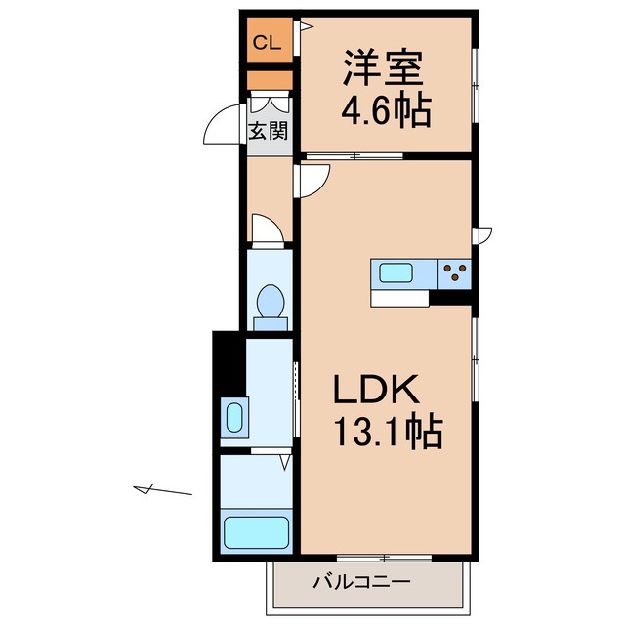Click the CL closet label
pyautogui.click(x=267, y=42)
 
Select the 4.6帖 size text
pyautogui.click(x=385, y=112)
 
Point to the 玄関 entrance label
pyautogui.click(x=268, y=130)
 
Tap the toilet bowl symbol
pyautogui.click(x=270, y=304)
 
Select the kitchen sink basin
pyautogui.click(x=399, y=273)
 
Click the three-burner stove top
pyautogui.click(x=455, y=273)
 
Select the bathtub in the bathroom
pyautogui.click(x=256, y=532)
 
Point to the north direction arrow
pyautogui.click(x=161, y=490)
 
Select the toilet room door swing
pyautogui.click(x=267, y=229)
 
